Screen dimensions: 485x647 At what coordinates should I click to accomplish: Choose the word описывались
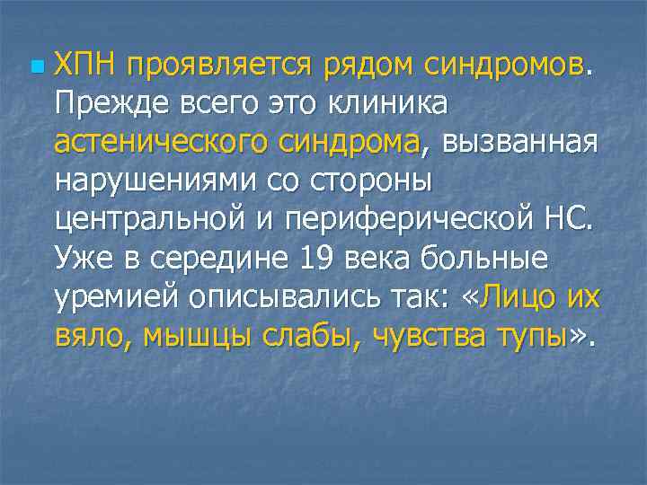tap(297, 296)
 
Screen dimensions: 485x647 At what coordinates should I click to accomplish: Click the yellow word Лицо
tap(521, 296)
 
